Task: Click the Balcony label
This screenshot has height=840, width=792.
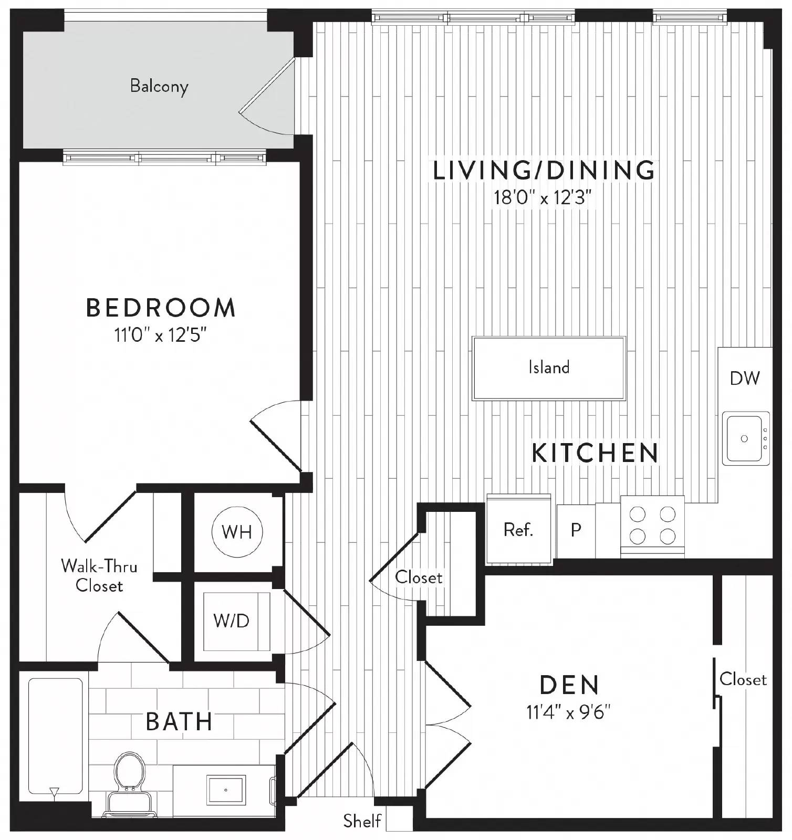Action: pos(159,86)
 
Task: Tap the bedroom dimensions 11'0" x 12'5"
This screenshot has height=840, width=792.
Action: pos(161,335)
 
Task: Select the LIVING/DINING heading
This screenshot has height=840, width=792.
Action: pos(544,170)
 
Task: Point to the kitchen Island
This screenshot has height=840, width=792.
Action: pos(549,367)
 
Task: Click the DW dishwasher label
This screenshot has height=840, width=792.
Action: pos(745,378)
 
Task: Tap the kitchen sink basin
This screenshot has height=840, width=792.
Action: pos(744,438)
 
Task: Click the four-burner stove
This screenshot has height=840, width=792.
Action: pos(652,525)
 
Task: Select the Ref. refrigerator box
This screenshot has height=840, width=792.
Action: pos(518,529)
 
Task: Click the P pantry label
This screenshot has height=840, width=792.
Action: pos(576,530)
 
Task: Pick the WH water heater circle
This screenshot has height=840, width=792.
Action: pos(237,532)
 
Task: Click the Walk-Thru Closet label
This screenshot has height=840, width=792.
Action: pos(99,575)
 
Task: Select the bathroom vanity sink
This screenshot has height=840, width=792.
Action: pos(226,789)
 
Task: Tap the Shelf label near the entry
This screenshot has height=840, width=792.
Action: pos(362,820)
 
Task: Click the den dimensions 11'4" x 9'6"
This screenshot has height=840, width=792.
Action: pos(568,712)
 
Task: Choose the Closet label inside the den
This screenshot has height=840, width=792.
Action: pos(743,679)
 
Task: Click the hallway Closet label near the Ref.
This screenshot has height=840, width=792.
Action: pos(418,577)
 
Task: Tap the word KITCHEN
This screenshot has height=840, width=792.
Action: pos(595,453)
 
